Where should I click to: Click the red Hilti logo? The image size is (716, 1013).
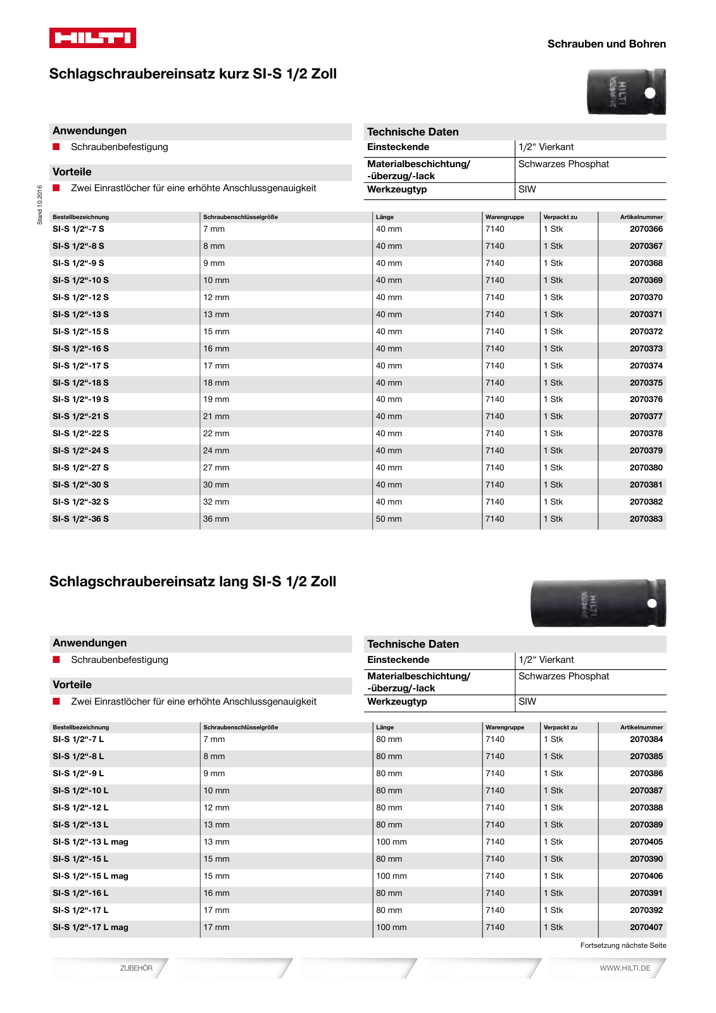click(92, 38)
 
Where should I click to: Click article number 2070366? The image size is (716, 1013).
click(646, 229)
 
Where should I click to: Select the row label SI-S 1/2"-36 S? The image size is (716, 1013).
click(80, 519)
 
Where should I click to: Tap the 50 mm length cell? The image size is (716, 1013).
click(389, 519)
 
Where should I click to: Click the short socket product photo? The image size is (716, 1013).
click(626, 92)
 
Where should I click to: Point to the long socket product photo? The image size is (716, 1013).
click(598, 603)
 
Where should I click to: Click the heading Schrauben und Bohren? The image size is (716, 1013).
click(606, 44)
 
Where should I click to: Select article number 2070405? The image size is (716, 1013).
click(646, 842)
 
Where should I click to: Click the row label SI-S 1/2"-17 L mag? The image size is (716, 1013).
click(90, 928)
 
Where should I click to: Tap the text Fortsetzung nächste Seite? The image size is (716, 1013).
click(623, 945)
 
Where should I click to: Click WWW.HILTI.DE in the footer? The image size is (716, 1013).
click(625, 968)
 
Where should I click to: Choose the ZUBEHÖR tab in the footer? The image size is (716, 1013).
click(136, 968)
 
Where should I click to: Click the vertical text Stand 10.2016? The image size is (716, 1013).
click(39, 204)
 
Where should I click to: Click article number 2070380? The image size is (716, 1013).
click(646, 468)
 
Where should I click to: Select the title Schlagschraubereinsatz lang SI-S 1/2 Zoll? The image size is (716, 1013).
click(192, 581)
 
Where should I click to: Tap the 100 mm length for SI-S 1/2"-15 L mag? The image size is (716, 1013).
click(391, 876)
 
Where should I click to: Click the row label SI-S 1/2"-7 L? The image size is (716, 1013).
click(78, 739)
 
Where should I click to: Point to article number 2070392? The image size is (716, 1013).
click(646, 910)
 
